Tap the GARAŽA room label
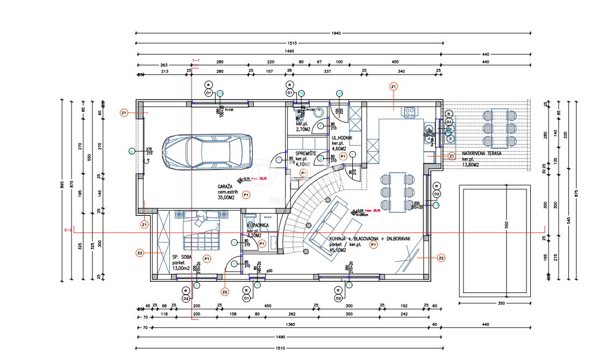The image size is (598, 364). click(x=222, y=186)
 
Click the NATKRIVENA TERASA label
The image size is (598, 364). click(x=481, y=153)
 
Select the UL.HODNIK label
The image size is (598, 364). click(x=342, y=138)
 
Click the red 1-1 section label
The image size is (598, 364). click(x=196, y=60)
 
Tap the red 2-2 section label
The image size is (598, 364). click(x=68, y=230)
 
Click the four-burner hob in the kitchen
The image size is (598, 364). click(x=409, y=112)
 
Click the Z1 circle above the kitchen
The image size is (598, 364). click(x=393, y=86)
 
